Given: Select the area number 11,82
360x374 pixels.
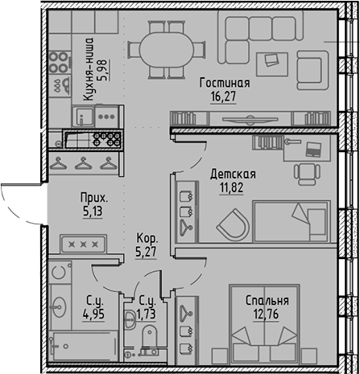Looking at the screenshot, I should click(232, 188).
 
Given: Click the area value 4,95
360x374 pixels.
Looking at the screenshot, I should click(94, 315).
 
